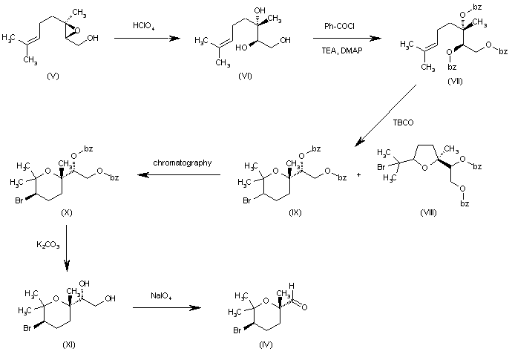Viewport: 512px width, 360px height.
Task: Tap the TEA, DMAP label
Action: [341, 57]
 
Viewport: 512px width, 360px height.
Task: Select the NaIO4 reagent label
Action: [165, 296]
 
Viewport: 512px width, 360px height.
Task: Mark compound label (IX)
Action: [296, 213]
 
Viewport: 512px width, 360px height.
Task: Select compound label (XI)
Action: [69, 344]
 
